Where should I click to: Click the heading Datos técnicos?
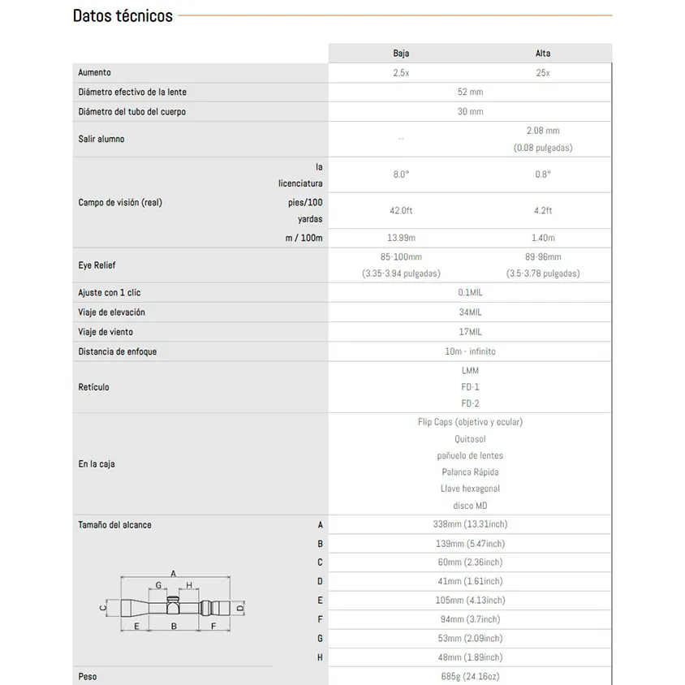click(123, 15)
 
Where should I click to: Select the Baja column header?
click(401, 54)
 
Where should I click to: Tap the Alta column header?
click(543, 54)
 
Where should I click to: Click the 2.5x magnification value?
click(401, 73)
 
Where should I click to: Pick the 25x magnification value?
click(543, 73)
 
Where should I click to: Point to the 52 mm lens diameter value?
click(470, 93)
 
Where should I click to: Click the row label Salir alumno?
click(101, 140)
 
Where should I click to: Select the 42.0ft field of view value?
click(401, 210)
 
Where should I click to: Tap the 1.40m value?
click(543, 238)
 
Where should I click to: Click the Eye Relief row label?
click(97, 265)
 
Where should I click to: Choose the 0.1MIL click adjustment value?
click(470, 293)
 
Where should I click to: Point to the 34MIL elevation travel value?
click(470, 312)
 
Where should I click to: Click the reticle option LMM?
click(470, 371)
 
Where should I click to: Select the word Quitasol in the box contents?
click(470, 439)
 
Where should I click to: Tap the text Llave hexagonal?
click(470, 489)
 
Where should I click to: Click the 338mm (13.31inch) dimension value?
click(470, 524)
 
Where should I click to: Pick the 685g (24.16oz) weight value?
click(470, 676)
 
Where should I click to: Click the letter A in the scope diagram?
click(174, 573)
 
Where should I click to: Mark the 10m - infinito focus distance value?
click(470, 351)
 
